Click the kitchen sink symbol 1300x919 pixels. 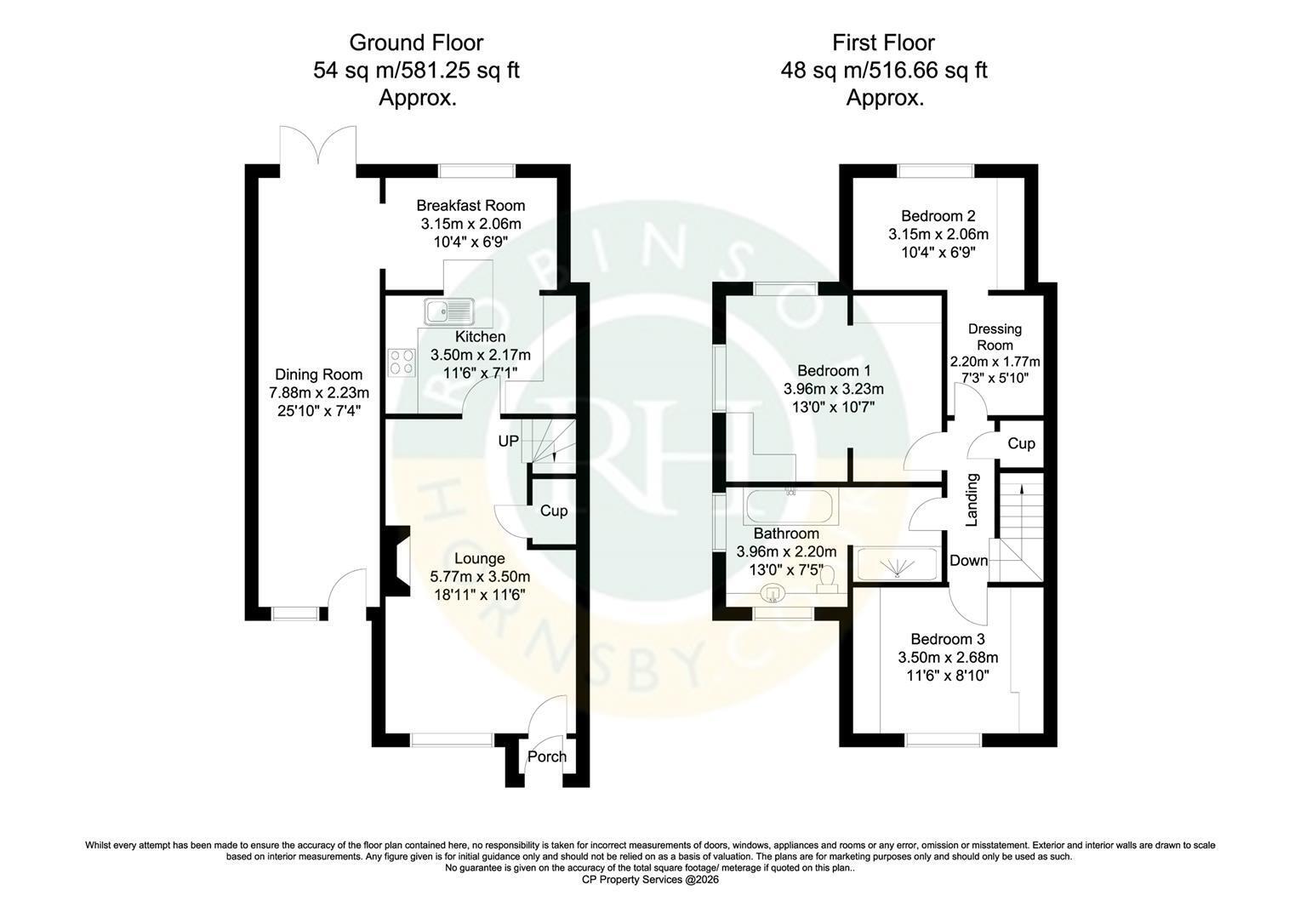click(x=449, y=311)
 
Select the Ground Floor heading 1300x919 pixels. click(x=416, y=43)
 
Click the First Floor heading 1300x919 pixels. click(x=883, y=43)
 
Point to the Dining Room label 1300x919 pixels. click(x=318, y=374)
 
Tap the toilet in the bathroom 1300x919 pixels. click(x=828, y=580)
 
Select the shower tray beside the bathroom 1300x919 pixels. click(x=898, y=563)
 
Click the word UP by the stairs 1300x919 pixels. click(x=509, y=442)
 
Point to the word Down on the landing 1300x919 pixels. click(x=968, y=560)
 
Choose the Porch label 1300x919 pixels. click(x=547, y=756)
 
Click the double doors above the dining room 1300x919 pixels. click(x=318, y=146)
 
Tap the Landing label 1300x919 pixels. click(x=972, y=499)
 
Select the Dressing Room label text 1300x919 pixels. click(x=995, y=337)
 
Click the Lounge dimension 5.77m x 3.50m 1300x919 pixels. click(x=480, y=576)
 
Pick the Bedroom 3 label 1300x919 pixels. click(x=948, y=639)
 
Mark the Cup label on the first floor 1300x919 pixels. click(x=1022, y=443)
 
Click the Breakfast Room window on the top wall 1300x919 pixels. click(x=476, y=171)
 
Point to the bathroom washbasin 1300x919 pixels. click(x=773, y=593)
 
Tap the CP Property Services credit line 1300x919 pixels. click(x=650, y=880)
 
